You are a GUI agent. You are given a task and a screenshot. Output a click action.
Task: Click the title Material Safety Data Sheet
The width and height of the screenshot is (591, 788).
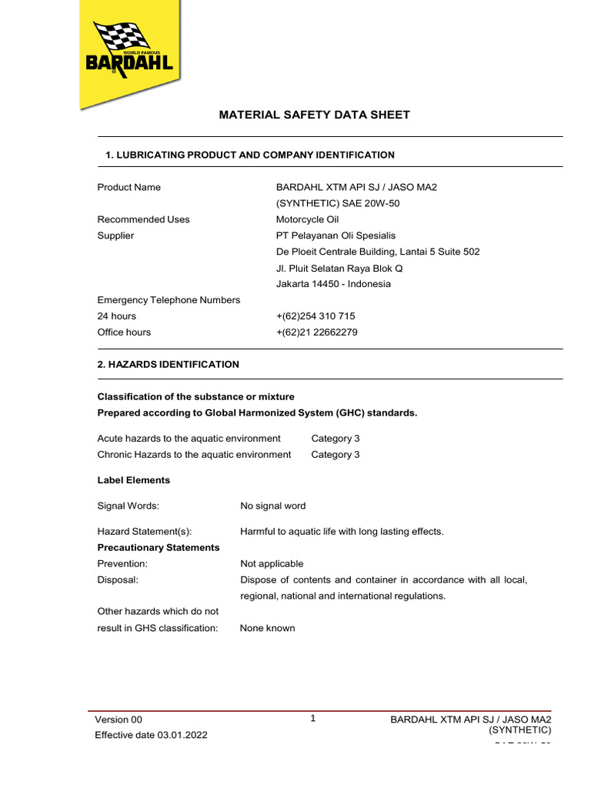314,115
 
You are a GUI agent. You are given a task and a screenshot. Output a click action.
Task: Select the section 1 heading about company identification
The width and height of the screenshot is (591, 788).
249,155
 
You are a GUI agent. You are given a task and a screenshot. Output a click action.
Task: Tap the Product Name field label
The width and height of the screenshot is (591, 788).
129,187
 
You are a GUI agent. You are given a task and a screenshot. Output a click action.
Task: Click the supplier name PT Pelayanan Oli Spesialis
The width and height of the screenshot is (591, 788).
336,235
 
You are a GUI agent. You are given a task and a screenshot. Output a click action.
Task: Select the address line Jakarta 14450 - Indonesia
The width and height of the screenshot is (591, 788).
333,284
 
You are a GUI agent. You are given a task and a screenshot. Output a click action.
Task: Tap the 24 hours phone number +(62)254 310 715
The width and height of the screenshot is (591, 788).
316,316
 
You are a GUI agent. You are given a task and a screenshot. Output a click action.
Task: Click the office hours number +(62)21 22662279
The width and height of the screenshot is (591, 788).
316,332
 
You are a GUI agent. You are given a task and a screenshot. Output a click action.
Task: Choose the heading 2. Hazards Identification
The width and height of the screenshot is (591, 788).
168,364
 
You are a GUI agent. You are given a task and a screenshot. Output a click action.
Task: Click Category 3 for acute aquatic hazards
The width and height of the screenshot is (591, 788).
335,439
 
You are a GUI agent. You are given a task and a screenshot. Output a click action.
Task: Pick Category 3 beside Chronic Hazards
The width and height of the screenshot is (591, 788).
335,455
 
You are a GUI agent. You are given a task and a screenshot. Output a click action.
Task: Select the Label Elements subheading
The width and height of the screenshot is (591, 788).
133,480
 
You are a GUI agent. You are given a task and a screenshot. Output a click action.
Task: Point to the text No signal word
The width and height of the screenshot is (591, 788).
272,506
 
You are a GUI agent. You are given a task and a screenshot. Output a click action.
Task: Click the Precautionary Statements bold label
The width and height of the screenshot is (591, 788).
158,547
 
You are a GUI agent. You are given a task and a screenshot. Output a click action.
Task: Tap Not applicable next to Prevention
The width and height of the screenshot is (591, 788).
272,564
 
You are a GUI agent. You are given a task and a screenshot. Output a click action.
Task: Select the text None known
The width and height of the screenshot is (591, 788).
267,628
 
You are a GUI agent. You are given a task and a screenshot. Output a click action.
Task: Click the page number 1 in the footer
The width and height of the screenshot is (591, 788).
313,719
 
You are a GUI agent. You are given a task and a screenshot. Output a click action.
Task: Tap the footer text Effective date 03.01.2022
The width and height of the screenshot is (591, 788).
151,735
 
